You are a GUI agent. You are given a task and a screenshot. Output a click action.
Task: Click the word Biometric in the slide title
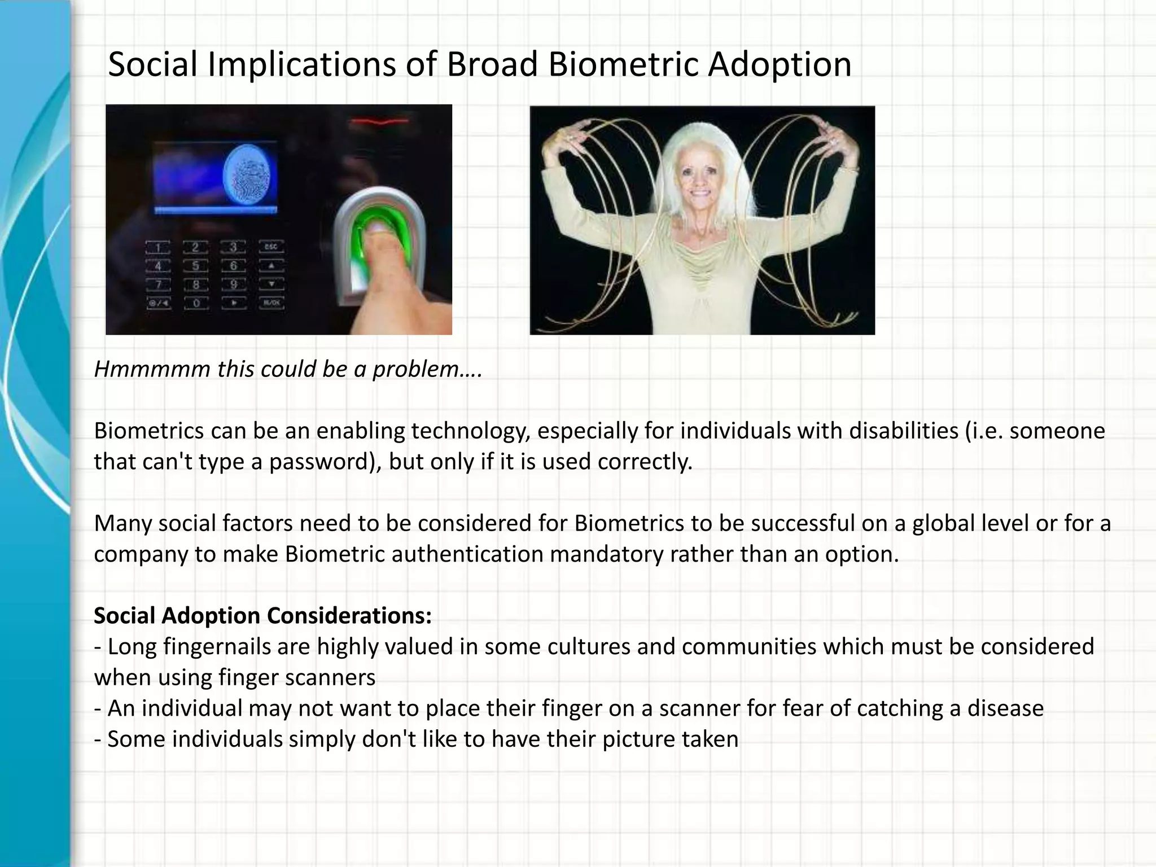tap(623, 64)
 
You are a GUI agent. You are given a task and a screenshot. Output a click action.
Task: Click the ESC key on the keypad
tap(271, 247)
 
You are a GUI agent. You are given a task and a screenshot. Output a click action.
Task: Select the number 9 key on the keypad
tap(233, 284)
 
